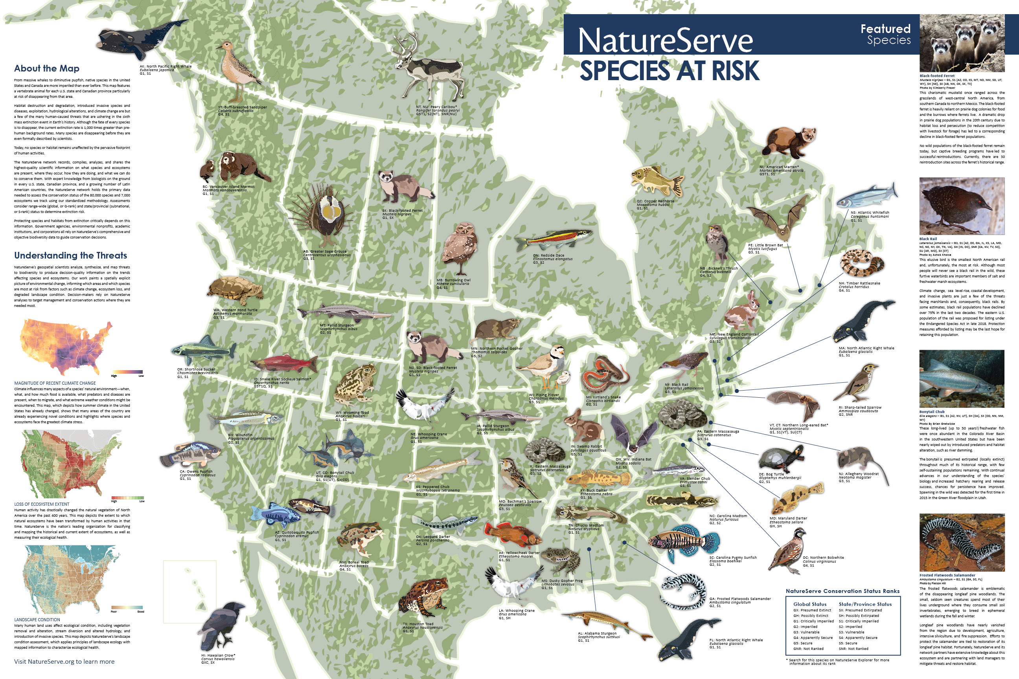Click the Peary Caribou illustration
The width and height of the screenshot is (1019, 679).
(427, 69)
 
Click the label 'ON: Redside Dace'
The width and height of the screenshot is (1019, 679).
(548, 255)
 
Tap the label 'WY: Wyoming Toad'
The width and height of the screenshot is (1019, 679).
(352, 413)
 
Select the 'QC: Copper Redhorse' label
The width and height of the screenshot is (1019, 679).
(655, 201)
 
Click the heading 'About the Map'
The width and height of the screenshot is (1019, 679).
(46, 68)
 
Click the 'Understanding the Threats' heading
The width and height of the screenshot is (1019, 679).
(70, 255)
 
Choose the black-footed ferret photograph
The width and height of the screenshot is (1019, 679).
(962, 43)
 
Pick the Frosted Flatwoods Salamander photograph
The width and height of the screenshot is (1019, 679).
(962, 543)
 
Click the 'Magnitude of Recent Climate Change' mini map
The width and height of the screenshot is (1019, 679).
(65, 347)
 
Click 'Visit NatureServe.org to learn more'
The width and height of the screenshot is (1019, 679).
(64, 661)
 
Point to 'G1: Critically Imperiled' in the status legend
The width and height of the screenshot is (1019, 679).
(813, 621)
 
